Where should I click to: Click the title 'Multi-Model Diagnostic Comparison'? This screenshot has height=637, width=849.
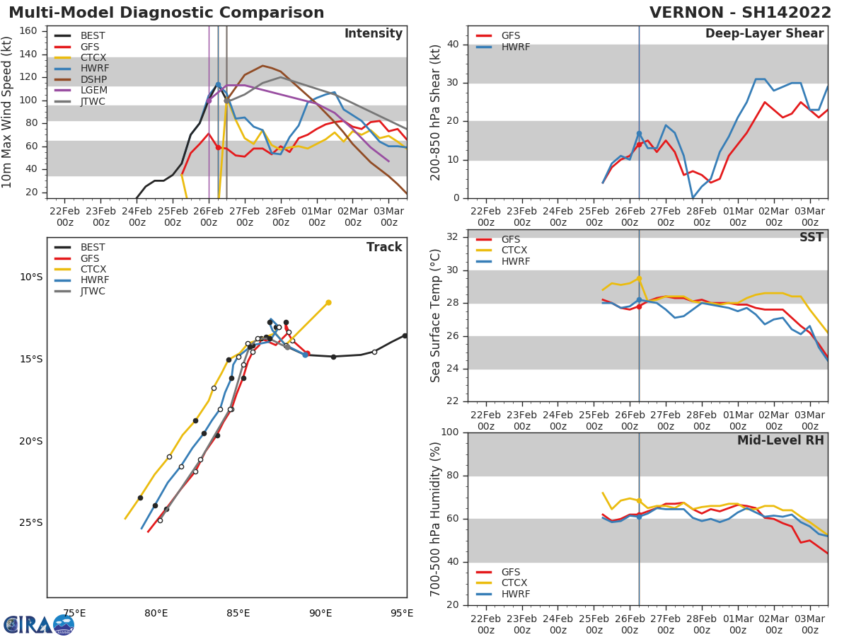[166, 13]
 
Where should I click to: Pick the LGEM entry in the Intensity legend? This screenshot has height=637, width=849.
[93, 91]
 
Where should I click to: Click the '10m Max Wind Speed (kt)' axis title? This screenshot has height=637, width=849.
[8, 112]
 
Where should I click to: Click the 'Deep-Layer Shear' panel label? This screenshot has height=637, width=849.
[764, 34]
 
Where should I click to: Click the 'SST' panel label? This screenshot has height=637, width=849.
[811, 237]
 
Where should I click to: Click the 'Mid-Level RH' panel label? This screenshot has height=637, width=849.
[780, 440]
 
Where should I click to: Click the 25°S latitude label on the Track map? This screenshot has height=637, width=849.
[30, 523]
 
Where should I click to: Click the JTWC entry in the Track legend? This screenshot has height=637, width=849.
[93, 291]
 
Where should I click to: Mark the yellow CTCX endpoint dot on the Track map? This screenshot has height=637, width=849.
[328, 302]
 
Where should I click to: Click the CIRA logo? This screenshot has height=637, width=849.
[39, 624]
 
